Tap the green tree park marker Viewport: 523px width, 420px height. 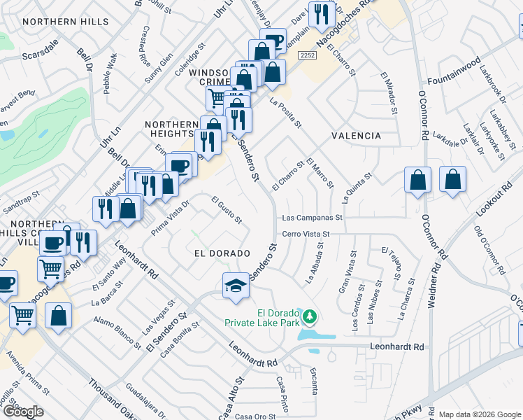pyautogui.click(x=309, y=318)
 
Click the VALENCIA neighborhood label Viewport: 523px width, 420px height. pyautogui.click(x=357, y=136)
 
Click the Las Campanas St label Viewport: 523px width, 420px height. pyautogui.click(x=313, y=218)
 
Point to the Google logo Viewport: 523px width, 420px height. pyautogui.click(x=23, y=412)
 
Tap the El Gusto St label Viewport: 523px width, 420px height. pyautogui.click(x=227, y=210)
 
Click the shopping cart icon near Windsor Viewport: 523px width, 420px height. pyautogui.click(x=216, y=98)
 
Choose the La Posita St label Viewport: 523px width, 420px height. pyautogui.click(x=285, y=112)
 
